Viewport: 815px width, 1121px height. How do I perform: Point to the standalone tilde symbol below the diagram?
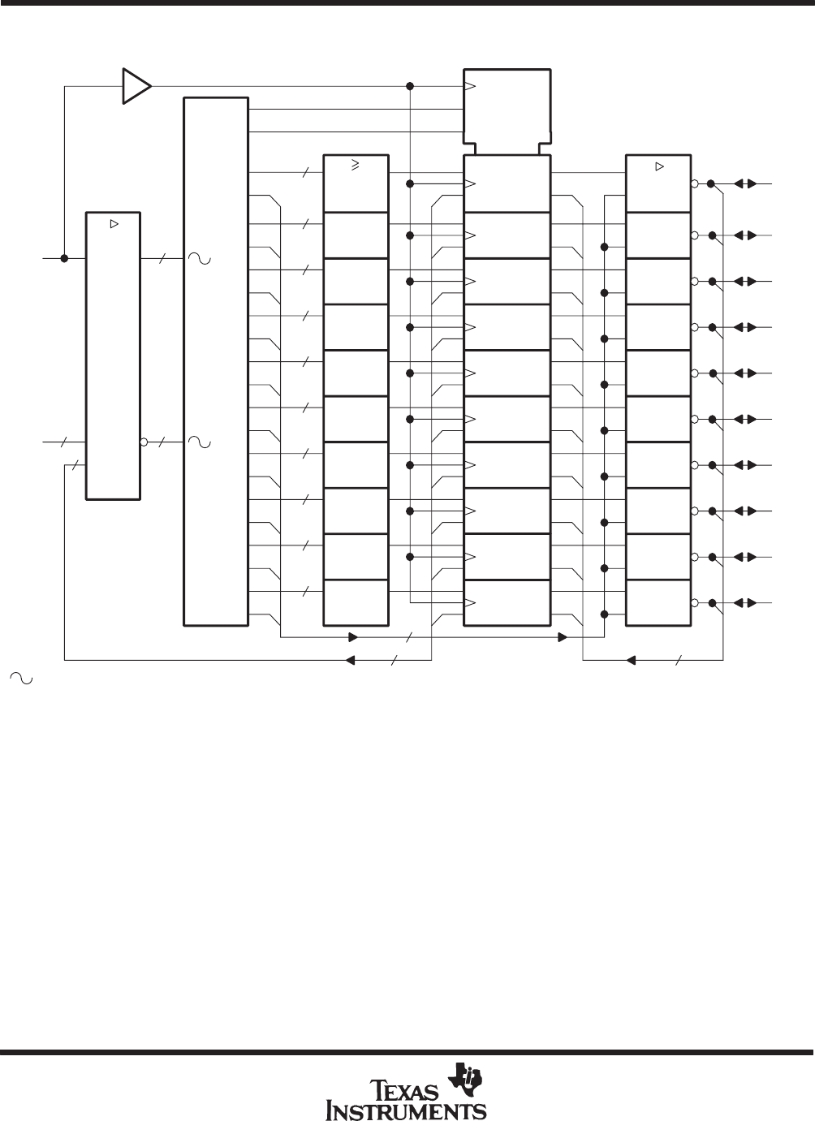click(x=21, y=679)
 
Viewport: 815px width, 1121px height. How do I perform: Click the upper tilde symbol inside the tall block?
click(x=200, y=259)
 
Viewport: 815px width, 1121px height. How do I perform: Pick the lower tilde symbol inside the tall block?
click(x=200, y=442)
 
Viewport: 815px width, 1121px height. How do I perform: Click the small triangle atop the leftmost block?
click(x=114, y=224)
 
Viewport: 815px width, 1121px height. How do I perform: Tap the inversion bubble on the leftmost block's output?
click(x=144, y=442)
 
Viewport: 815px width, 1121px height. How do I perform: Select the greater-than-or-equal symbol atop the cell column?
click(x=356, y=164)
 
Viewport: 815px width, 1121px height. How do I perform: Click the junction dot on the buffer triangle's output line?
click(x=410, y=86)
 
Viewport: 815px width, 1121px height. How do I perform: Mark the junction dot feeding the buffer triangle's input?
click(x=64, y=258)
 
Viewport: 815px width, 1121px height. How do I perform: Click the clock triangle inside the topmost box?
click(x=470, y=86)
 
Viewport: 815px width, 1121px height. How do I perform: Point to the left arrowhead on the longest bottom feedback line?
click(x=350, y=660)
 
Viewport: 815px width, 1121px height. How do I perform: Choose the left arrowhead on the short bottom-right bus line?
click(x=631, y=660)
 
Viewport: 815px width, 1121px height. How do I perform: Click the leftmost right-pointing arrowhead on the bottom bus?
click(x=353, y=637)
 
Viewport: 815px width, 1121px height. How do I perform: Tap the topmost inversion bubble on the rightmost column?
click(x=694, y=183)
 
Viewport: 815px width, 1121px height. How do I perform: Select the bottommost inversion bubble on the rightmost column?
click(x=694, y=602)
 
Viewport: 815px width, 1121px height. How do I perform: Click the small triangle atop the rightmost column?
click(x=659, y=166)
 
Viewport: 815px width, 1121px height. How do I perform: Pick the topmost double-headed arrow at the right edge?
click(x=745, y=183)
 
